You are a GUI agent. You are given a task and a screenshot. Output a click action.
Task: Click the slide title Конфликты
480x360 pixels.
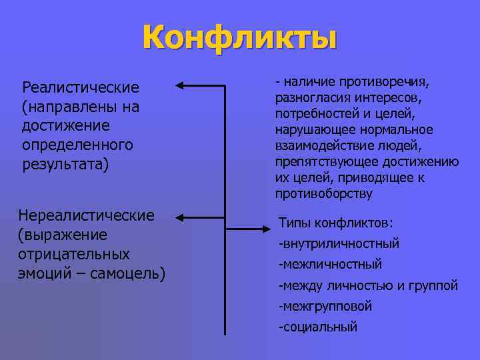239,37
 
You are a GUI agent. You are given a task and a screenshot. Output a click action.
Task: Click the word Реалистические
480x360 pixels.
80,87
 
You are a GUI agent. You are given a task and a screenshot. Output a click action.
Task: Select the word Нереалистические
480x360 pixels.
87,215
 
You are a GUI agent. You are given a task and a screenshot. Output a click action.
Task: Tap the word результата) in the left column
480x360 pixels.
64,164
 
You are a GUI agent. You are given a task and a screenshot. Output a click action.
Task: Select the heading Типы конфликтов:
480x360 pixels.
335,222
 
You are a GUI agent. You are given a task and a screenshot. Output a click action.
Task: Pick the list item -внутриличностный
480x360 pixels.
339,243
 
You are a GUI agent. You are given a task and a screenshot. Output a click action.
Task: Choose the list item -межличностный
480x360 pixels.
330,264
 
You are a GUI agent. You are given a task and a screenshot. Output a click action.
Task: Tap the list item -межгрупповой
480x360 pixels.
325,306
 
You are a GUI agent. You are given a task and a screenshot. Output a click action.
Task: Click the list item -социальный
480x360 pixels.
318,327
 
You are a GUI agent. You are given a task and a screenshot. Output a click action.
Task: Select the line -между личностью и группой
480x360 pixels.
368,285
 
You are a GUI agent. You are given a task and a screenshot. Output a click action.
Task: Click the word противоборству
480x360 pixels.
324,194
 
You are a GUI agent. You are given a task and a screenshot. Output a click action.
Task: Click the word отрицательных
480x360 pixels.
74,254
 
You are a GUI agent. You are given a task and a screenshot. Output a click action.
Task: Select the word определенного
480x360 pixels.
77,145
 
